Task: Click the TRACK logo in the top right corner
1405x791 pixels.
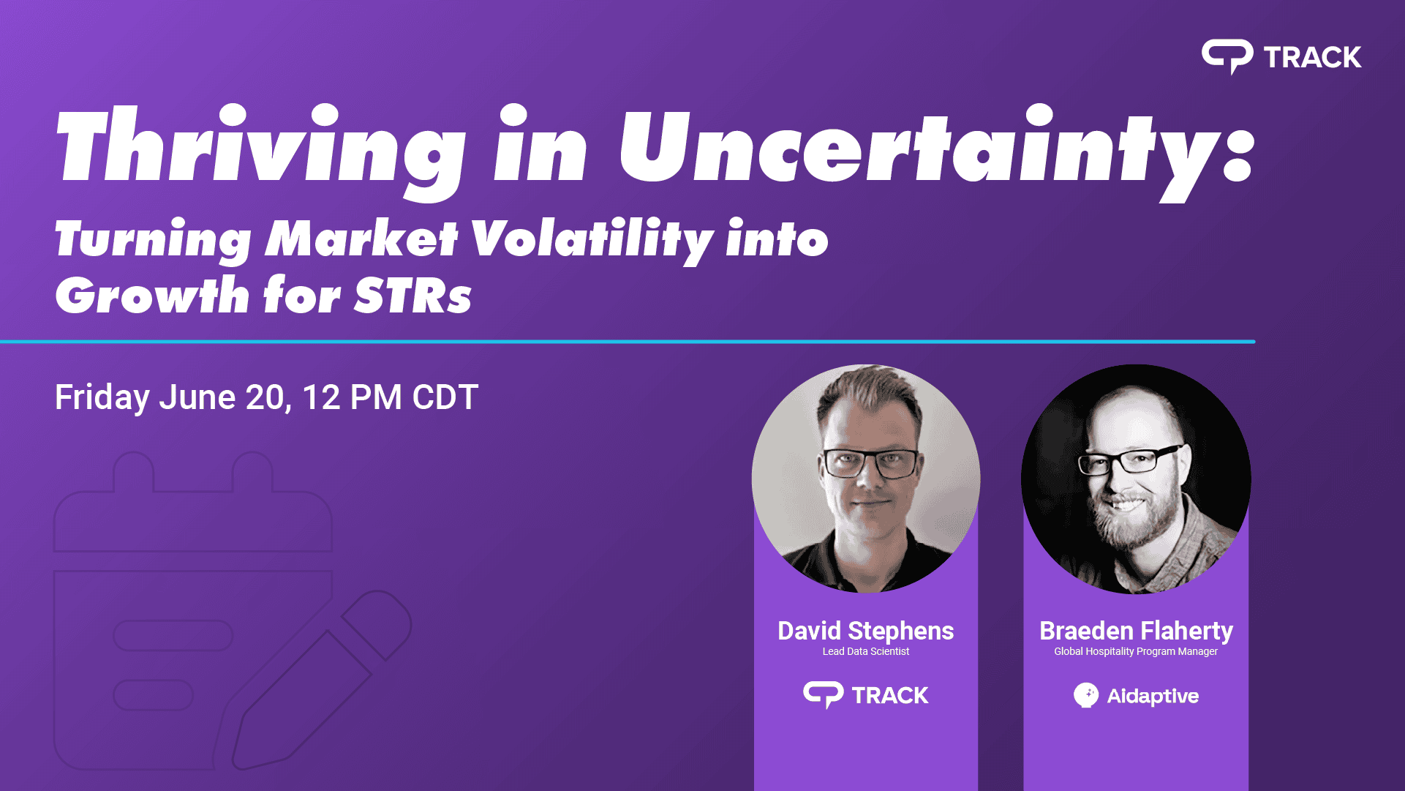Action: (x=1281, y=56)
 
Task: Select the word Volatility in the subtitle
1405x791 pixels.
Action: (x=592, y=240)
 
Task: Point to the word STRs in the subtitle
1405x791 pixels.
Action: (x=413, y=296)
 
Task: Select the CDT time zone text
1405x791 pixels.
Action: (x=445, y=397)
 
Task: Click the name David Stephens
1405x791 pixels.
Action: (x=866, y=631)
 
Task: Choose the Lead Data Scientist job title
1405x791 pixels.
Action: (x=866, y=651)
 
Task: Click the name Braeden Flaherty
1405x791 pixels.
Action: (x=1136, y=631)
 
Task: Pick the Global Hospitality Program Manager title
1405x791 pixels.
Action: (x=1136, y=651)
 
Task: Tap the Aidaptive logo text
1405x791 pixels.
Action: (x=1153, y=696)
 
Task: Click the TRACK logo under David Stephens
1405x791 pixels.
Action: (x=866, y=694)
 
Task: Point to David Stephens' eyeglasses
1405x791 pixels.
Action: (x=870, y=463)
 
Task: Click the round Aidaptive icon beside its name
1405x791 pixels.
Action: (x=1086, y=695)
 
